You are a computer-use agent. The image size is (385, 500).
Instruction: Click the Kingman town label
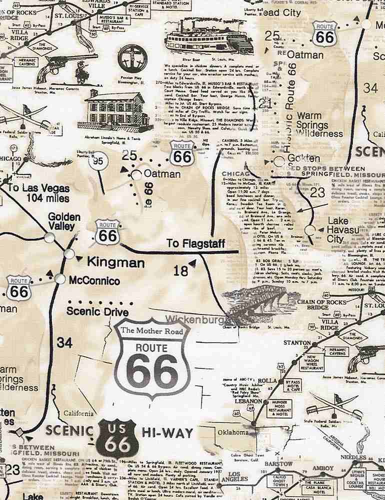click(116, 262)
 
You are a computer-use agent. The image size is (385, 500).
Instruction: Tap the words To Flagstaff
click(194, 243)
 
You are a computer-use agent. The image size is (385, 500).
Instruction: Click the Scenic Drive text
click(97, 311)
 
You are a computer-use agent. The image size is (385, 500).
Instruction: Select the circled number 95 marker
click(98, 161)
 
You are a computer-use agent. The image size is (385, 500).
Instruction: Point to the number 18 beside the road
click(181, 271)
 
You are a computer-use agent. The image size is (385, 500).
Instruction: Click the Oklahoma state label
click(232, 431)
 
